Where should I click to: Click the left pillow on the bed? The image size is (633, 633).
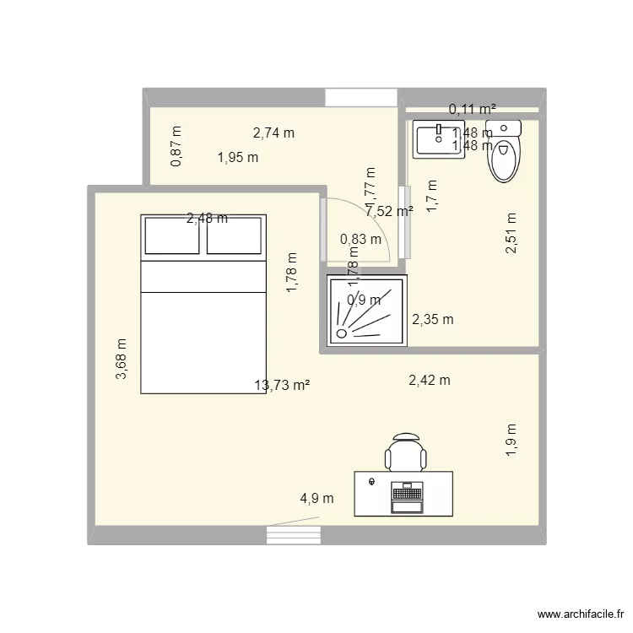pyautogui.click(x=172, y=235)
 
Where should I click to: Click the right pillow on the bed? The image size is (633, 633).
pyautogui.click(x=233, y=235)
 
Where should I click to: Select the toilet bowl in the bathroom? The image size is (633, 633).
pyautogui.click(x=506, y=160)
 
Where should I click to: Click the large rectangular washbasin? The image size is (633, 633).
pyautogui.click(x=437, y=139)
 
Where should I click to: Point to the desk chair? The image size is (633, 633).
pyautogui.click(x=405, y=452)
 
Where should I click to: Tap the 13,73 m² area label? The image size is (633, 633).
pyautogui.click(x=282, y=386)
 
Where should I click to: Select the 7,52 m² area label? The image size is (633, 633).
pyautogui.click(x=389, y=211)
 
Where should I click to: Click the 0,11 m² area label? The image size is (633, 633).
pyautogui.click(x=472, y=109)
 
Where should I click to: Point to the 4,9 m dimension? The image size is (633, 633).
pyautogui.click(x=316, y=499)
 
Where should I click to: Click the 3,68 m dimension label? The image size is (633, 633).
pyautogui.click(x=122, y=360)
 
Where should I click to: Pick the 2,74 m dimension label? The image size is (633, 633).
pyautogui.click(x=274, y=133)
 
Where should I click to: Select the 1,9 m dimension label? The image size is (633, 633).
pyautogui.click(x=511, y=440)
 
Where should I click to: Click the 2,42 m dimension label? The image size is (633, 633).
pyautogui.click(x=429, y=381)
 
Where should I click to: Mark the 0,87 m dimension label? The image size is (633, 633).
pyautogui.click(x=176, y=146)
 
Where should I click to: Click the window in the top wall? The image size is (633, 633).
pyautogui.click(x=360, y=97)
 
